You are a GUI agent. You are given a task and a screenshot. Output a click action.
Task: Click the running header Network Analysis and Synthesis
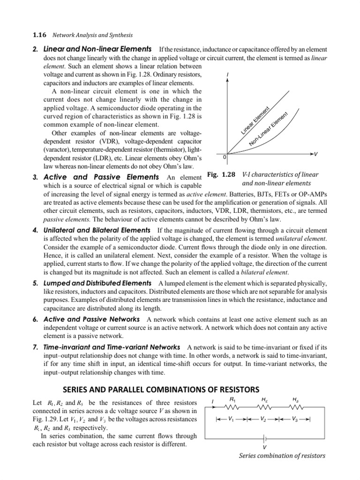(x=92, y=35)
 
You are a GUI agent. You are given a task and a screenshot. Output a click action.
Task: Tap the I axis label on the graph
(x=227, y=75)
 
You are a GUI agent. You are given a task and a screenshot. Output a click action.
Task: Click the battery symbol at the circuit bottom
(x=265, y=438)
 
